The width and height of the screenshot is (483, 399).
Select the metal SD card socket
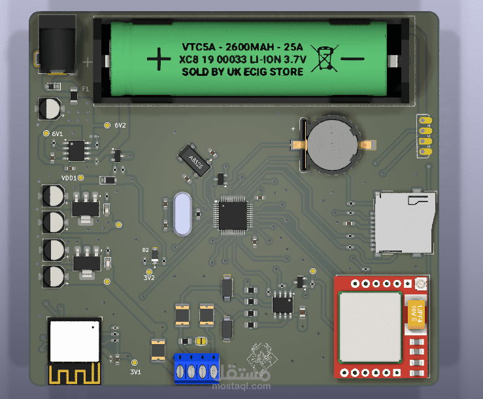click(403, 222)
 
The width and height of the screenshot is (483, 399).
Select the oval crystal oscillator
click(183, 214)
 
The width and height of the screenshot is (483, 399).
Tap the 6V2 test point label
click(120, 125)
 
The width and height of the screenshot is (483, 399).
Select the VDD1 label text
click(69, 178)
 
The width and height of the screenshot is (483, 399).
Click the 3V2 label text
click(149, 277)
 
